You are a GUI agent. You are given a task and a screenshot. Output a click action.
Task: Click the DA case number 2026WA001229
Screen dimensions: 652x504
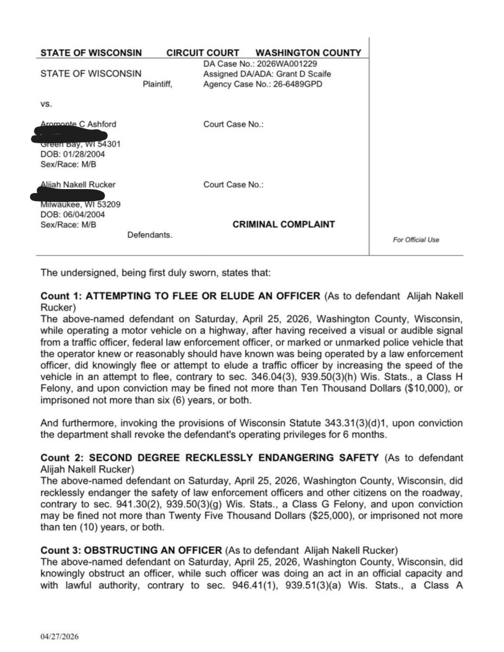(x=287, y=64)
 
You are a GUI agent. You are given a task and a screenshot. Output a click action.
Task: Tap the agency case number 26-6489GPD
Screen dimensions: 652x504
(x=285, y=84)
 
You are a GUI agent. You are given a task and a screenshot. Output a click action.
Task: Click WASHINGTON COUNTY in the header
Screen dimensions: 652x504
(x=308, y=53)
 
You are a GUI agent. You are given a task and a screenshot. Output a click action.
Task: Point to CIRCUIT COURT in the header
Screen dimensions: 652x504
(x=203, y=53)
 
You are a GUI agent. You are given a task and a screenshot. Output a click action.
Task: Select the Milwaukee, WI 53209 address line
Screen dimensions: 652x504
(x=76, y=204)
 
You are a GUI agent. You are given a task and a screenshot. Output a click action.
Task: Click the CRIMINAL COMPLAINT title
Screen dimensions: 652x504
(x=284, y=224)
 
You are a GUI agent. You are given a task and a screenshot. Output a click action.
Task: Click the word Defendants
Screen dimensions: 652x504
(x=150, y=235)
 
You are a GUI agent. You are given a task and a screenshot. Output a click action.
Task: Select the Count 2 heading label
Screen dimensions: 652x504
(x=60, y=457)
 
